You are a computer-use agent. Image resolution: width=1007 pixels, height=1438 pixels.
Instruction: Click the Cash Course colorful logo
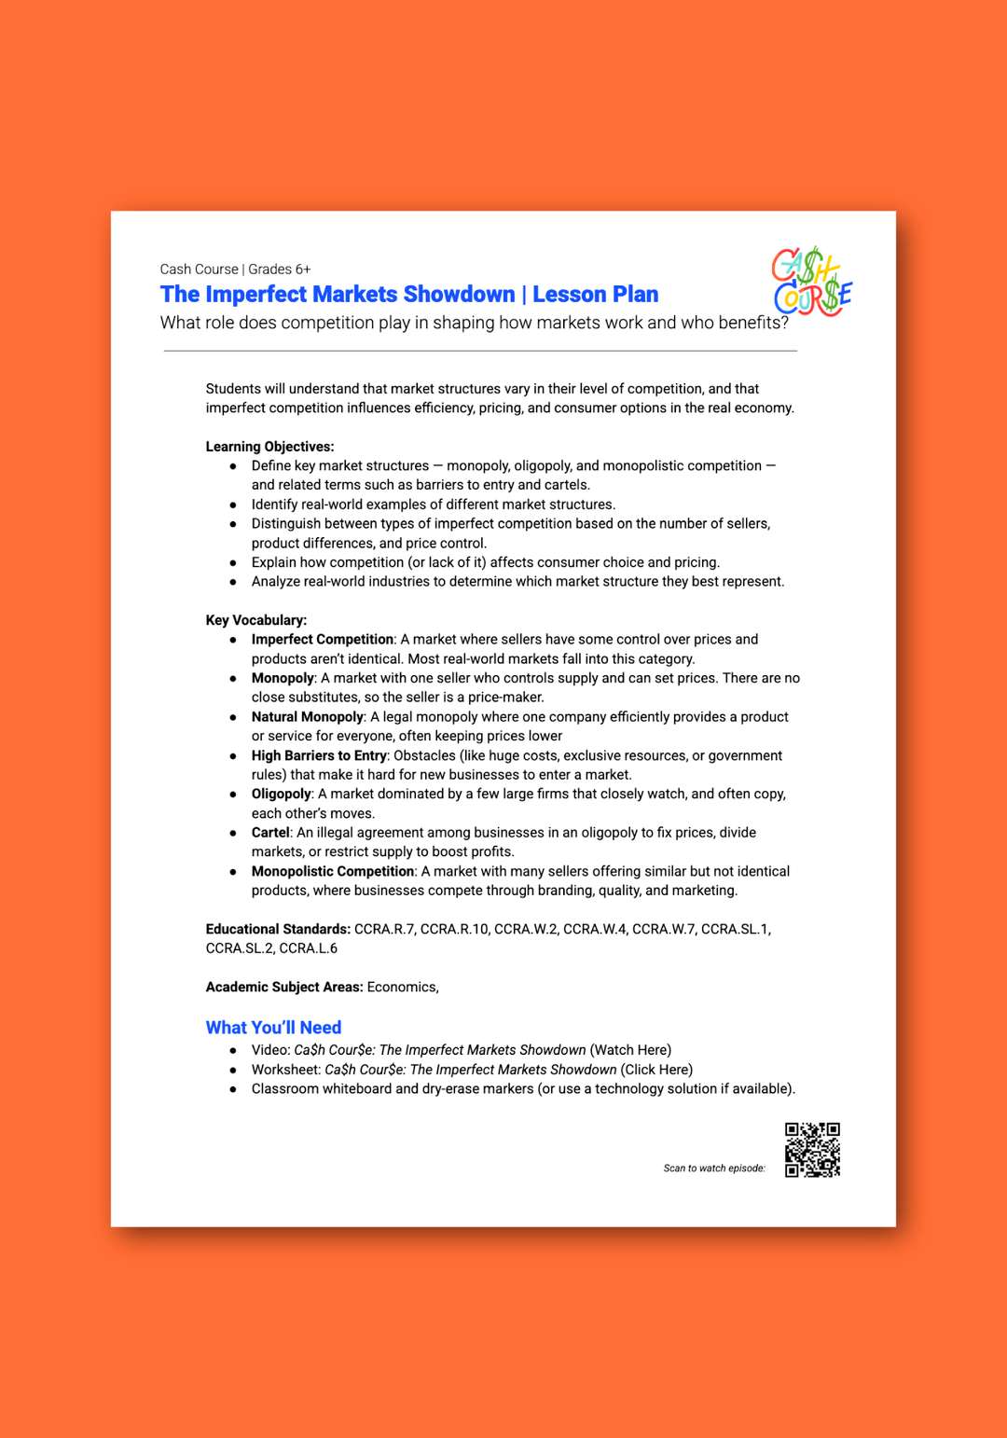(811, 282)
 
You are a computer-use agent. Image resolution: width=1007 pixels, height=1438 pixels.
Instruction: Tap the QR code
(812, 1150)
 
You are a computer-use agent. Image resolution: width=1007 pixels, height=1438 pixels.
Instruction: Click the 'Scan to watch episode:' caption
(714, 1168)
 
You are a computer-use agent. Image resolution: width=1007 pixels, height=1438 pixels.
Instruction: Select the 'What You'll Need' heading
(273, 1028)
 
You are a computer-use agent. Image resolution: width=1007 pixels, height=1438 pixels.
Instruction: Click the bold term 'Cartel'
(270, 833)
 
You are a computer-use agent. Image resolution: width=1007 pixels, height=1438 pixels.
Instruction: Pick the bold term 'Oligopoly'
(281, 794)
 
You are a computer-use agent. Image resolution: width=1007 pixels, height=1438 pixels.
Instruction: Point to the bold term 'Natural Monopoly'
(307, 717)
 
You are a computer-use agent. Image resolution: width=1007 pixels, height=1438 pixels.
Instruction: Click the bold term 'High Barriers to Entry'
(319, 755)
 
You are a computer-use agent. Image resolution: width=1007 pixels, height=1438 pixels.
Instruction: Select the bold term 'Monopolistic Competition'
(332, 871)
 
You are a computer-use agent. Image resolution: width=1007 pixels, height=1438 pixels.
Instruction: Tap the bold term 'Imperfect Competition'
(322, 640)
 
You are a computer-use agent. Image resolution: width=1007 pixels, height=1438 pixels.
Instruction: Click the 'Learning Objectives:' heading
(269, 447)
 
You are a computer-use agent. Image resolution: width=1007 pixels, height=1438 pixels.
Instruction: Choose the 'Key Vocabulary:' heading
(256, 620)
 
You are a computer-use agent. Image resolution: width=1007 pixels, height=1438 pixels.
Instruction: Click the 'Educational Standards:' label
(278, 929)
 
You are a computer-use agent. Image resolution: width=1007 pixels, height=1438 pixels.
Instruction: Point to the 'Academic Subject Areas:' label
(284, 987)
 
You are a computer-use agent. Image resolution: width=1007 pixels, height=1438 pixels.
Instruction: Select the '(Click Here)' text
(656, 1070)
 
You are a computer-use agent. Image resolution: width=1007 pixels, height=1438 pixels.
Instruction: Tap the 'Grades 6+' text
(280, 270)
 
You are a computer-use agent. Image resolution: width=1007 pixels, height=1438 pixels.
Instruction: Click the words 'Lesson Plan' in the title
(595, 295)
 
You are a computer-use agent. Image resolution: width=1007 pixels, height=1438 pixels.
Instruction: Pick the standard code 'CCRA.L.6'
(308, 948)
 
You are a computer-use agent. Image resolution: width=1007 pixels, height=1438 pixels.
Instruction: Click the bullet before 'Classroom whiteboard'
(233, 1089)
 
